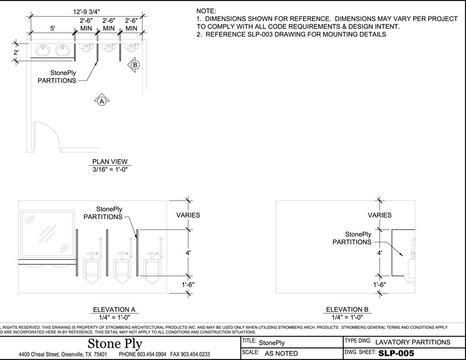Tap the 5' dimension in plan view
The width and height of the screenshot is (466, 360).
[x=52, y=27]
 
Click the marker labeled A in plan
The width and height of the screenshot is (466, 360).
[x=101, y=101]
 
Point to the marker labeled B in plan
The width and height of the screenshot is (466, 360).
[x=135, y=65]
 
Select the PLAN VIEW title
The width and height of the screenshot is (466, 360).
[x=110, y=161]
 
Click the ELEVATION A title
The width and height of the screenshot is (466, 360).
[x=114, y=309]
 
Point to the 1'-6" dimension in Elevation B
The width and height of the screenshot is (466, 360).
[x=380, y=285]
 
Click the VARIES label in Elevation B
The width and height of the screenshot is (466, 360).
[x=380, y=215]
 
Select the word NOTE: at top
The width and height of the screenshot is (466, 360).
[x=206, y=11]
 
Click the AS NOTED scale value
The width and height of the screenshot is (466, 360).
[x=281, y=353]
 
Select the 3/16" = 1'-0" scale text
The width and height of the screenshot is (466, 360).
[x=110, y=169]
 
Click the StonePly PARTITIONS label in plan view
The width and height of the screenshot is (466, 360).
[x=57, y=76]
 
